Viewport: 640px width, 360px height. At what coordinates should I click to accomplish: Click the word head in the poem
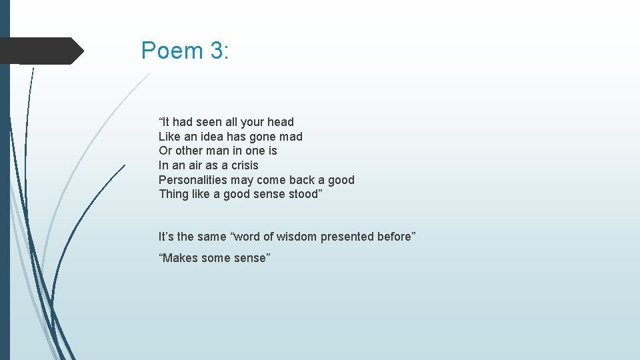(x=281, y=122)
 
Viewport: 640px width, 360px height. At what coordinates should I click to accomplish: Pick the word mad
(x=292, y=137)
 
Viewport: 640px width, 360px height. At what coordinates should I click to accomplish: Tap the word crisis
(x=245, y=165)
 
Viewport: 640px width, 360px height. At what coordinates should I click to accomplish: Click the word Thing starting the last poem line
(x=173, y=195)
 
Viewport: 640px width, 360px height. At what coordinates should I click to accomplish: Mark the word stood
(x=305, y=195)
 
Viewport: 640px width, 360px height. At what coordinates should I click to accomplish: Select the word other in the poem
(x=189, y=151)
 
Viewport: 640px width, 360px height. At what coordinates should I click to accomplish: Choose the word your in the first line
(x=253, y=122)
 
